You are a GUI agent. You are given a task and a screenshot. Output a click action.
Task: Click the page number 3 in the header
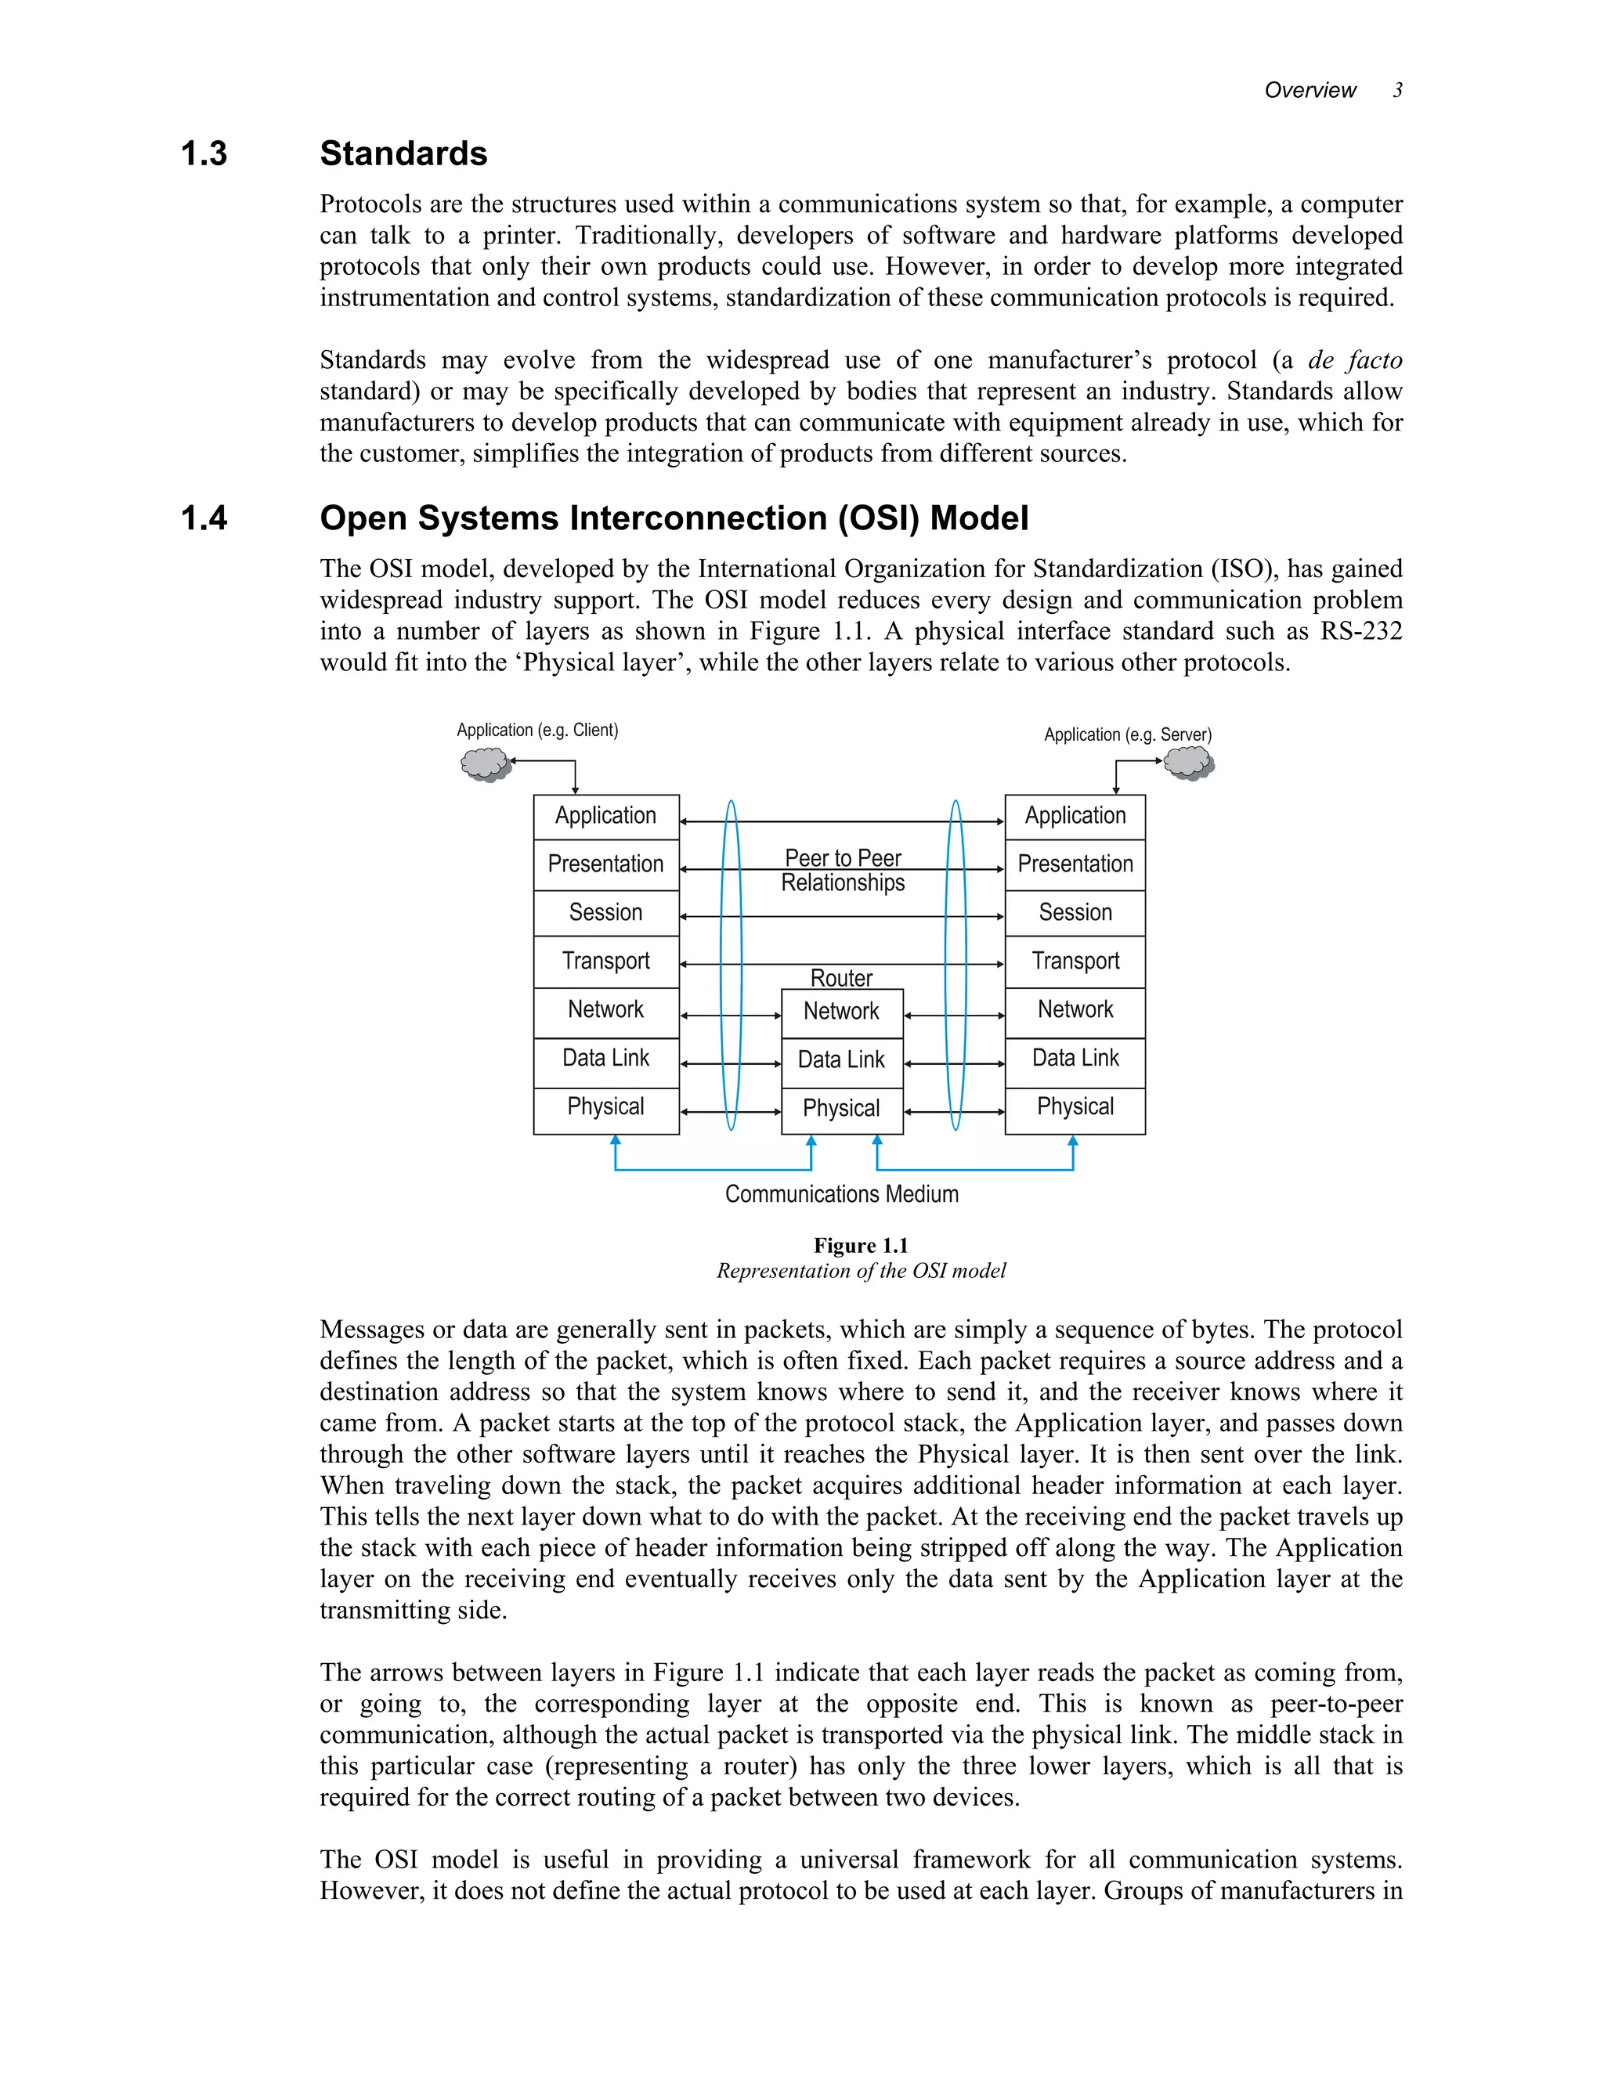point(1397,90)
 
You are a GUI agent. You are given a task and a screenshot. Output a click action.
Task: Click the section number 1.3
point(204,154)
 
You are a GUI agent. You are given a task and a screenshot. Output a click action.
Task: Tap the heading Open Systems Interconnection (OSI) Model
point(674,518)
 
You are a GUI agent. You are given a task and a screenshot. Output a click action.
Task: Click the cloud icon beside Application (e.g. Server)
point(1189,763)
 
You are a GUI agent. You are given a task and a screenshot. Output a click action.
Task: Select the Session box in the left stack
point(606,913)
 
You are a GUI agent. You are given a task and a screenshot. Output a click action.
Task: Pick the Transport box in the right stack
point(1075,962)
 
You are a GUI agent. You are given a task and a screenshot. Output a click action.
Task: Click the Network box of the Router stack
point(842,1012)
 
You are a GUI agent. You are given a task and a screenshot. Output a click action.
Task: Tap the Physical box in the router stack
point(842,1109)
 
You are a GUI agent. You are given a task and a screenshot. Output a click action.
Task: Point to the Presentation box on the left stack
point(606,864)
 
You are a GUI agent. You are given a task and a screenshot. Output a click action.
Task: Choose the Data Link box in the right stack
point(1075,1059)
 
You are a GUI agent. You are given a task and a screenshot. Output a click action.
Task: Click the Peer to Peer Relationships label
point(843,870)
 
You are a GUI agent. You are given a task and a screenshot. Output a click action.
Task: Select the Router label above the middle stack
point(841,978)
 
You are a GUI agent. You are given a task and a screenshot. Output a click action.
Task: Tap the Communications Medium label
point(841,1194)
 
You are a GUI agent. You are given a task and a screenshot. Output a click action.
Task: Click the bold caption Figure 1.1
point(860,1246)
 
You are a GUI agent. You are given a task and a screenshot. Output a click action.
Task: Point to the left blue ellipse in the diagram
point(731,965)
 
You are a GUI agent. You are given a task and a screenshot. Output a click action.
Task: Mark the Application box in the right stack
point(1075,816)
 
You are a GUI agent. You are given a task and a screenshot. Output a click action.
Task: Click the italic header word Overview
point(1310,90)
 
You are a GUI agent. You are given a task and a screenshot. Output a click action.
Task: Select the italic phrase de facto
point(1354,360)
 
